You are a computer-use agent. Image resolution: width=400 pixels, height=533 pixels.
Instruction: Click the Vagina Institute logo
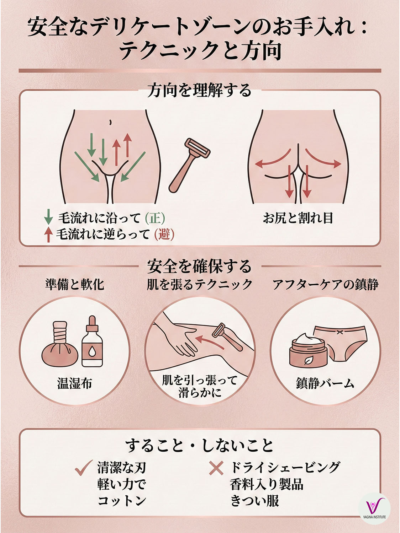tap(374, 508)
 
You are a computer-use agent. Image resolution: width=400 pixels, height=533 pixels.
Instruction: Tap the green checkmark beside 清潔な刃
tap(84, 468)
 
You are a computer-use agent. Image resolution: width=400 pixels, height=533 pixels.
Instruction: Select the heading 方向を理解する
tap(199, 90)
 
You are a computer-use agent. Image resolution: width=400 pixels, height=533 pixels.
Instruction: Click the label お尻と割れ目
tap(298, 218)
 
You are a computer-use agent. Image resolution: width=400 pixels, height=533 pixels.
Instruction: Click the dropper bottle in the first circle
tap(92, 343)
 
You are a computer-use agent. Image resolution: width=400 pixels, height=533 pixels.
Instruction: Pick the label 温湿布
tap(75, 383)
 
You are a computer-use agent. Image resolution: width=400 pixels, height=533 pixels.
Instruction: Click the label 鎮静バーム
tap(325, 383)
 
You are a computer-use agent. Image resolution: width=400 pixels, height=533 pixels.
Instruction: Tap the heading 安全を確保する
tap(199, 266)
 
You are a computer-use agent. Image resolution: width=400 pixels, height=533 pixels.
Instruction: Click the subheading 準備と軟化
tap(75, 284)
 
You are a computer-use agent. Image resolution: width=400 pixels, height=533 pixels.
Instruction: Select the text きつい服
tap(254, 501)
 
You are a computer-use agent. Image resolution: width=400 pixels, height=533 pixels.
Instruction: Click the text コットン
tap(122, 501)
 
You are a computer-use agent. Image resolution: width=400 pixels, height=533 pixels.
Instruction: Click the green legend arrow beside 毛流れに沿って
tap(48, 217)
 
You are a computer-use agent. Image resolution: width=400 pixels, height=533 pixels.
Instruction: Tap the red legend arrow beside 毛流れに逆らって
tap(48, 235)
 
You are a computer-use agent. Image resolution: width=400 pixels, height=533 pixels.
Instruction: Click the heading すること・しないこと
tap(199, 446)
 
